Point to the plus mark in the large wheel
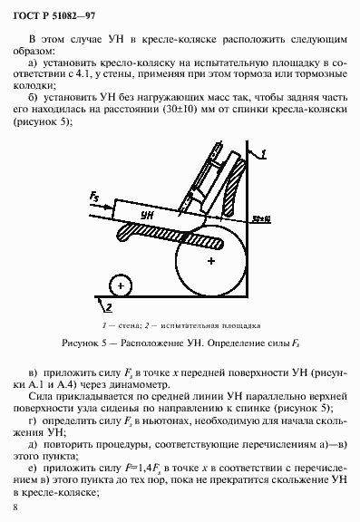[x=210, y=261]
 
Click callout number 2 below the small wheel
[x=119, y=285]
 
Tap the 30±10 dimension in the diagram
[x=262, y=217]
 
